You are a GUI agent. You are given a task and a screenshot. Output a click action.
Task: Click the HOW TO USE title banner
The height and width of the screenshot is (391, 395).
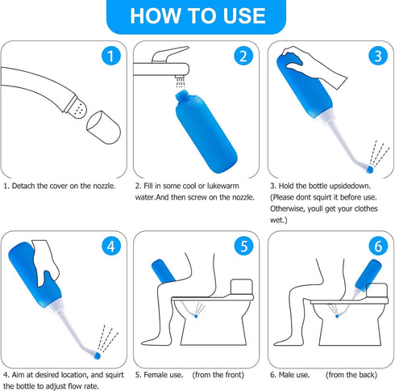click(x=197, y=16)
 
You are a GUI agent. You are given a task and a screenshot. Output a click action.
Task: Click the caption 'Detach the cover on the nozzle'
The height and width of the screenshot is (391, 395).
click(x=60, y=186)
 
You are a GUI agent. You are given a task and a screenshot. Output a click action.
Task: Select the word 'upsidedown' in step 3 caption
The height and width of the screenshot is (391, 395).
click(x=349, y=186)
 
